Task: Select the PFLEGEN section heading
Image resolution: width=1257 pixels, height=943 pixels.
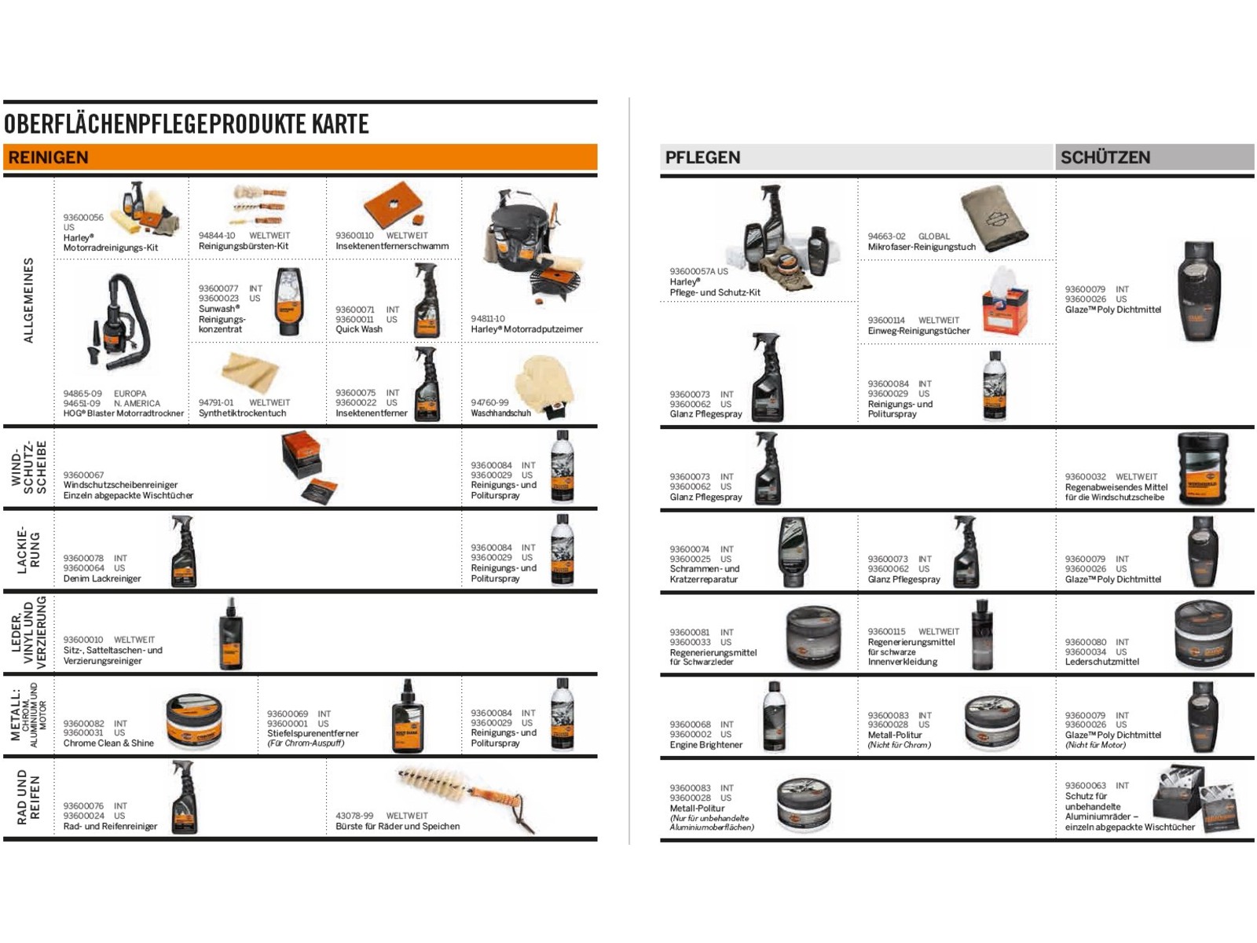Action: click(x=702, y=157)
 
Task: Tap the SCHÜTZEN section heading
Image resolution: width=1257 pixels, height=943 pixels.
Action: click(x=1105, y=157)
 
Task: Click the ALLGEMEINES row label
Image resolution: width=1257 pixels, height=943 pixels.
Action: click(x=28, y=300)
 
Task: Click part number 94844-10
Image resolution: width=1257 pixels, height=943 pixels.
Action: click(x=217, y=235)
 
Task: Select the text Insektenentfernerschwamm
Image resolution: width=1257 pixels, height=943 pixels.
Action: click(x=392, y=246)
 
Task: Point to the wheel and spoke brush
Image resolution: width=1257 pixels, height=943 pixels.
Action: click(x=466, y=798)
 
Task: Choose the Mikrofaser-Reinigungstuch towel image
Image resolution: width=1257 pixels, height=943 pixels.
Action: click(x=994, y=218)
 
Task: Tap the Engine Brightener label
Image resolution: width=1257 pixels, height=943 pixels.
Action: click(x=705, y=744)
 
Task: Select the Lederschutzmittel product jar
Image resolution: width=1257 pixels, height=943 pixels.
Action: click(x=1202, y=634)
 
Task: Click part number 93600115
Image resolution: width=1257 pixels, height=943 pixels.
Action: click(x=886, y=632)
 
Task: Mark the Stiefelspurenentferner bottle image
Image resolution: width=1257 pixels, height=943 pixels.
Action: click(x=408, y=716)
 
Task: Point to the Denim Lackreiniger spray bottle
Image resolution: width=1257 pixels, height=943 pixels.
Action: click(x=183, y=551)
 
